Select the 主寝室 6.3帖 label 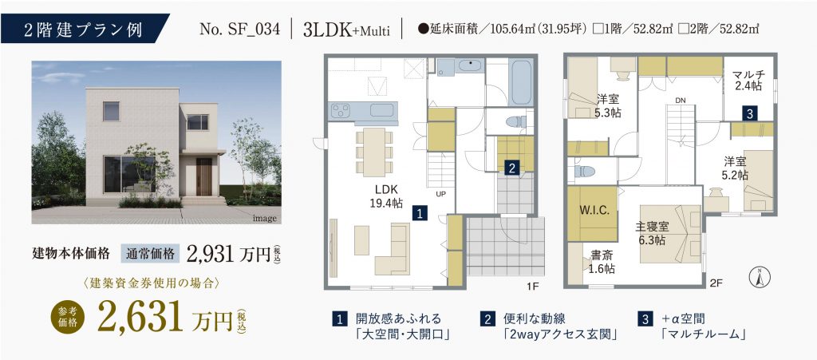652,233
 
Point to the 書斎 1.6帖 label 602,262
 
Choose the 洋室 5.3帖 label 608,105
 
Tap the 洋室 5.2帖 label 735,168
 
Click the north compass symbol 760,277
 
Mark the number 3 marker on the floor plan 748,115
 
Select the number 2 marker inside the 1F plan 512,168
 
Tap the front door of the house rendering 203,176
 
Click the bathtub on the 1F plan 520,82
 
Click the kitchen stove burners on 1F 341,110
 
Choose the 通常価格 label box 151,254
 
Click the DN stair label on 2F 681,100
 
